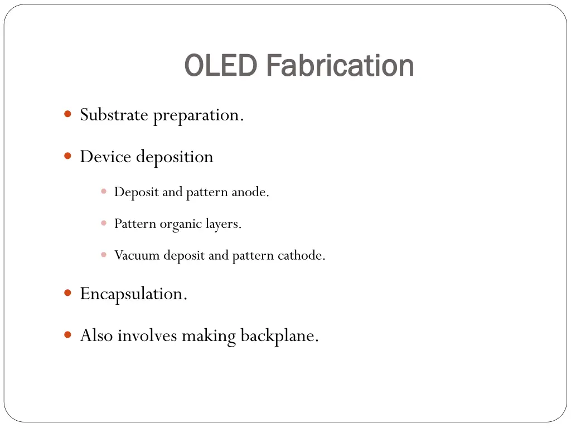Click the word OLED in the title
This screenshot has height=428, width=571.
point(220,66)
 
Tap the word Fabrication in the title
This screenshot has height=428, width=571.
point(340,66)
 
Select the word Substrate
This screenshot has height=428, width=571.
point(114,115)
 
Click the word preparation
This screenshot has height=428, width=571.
point(199,115)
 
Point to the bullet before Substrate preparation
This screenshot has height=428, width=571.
point(67,114)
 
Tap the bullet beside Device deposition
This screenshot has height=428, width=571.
point(67,156)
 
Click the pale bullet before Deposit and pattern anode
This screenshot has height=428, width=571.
point(104,191)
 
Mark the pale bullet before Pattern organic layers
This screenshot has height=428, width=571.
point(104,223)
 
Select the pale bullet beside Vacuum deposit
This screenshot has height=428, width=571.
point(104,255)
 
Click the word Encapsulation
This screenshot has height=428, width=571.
point(133,294)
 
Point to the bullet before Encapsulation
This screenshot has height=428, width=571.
point(67,293)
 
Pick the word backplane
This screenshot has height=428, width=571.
point(279,336)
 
